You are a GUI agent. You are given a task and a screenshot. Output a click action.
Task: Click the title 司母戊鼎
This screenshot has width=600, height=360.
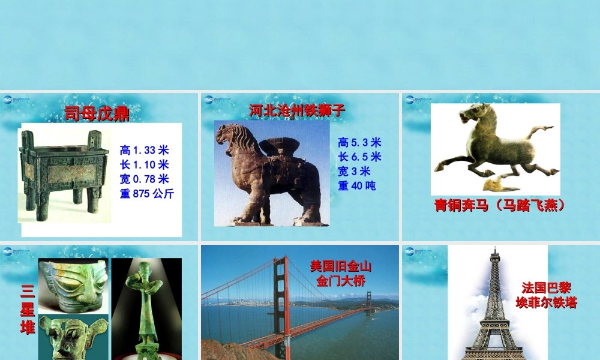coord(97,113)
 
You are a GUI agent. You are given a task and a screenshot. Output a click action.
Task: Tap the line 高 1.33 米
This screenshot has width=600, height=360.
coord(144,150)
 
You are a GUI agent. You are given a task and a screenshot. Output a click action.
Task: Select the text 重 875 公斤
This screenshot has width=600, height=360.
coord(147,193)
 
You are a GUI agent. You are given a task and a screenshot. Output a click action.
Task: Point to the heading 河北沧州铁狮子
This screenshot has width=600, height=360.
coord(297,110)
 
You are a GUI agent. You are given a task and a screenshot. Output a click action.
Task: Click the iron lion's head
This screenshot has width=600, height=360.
coord(232,137)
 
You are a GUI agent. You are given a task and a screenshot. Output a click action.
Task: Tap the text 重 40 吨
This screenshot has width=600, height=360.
coord(357,186)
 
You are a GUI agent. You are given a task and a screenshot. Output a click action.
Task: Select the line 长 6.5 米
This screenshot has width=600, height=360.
coord(359,157)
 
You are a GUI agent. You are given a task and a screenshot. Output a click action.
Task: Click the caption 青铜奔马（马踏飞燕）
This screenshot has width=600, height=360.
coord(500,205)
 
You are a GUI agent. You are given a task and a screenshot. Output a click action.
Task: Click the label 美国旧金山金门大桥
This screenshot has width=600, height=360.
coord(341,273)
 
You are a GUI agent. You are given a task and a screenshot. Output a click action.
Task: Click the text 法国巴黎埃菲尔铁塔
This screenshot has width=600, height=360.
coord(546,295)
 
